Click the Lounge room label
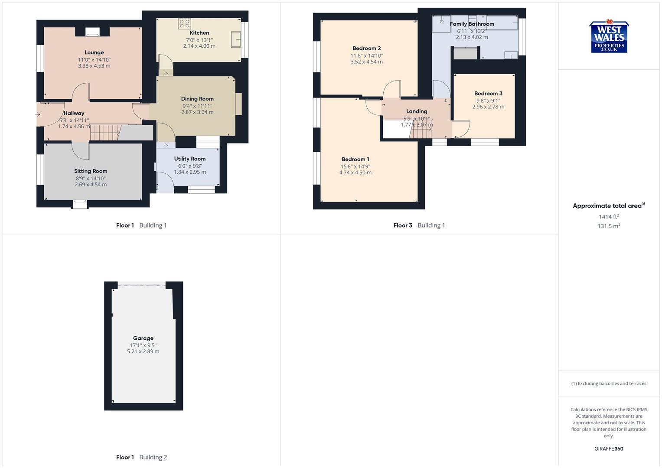pyautogui.click(x=94, y=52)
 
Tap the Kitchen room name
pyautogui.click(x=199, y=32)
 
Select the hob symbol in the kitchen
pyautogui.click(x=184, y=23)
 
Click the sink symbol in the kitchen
pyautogui.click(x=237, y=39)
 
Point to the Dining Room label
pyautogui.click(x=197, y=99)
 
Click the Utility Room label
pyautogui.click(x=190, y=159)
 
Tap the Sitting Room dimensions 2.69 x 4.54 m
pyautogui.click(x=91, y=185)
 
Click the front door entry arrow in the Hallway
pyautogui.click(x=38, y=114)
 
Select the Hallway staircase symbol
pyautogui.click(x=104, y=132)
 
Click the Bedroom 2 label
pyautogui.click(x=367, y=48)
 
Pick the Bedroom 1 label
pyautogui.click(x=355, y=159)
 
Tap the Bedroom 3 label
pyautogui.click(x=488, y=93)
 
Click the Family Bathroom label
pyautogui.click(x=472, y=24)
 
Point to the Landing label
pyautogui.click(x=417, y=111)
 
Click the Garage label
pyautogui.click(x=143, y=338)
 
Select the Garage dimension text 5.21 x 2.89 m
pyautogui.click(x=143, y=351)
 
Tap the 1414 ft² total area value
pyautogui.click(x=609, y=217)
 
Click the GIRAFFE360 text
pyautogui.click(x=609, y=449)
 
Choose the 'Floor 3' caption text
pyautogui.click(x=403, y=225)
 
